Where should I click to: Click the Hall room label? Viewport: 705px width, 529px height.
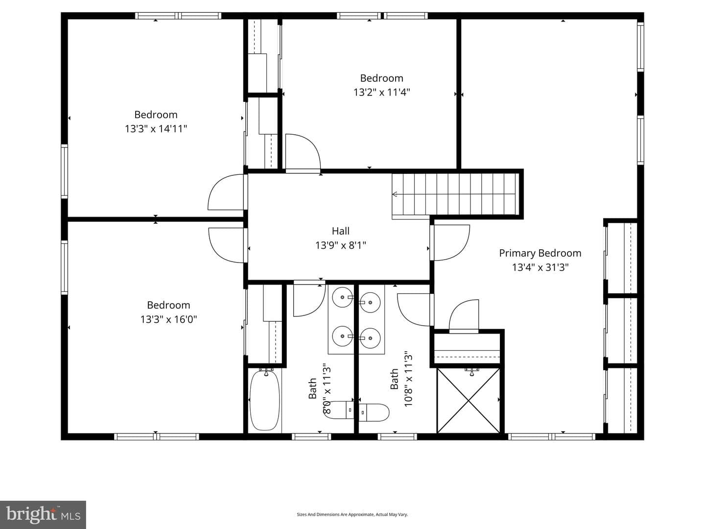pyautogui.click(x=340, y=231)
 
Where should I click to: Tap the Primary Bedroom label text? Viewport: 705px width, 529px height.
pyautogui.click(x=540, y=253)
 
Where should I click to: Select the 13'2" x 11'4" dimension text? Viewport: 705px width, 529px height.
pyautogui.click(x=381, y=93)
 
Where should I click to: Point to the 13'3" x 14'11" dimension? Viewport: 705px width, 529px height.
pyautogui.click(x=156, y=129)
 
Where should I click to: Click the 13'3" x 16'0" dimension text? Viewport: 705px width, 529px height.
pyautogui.click(x=168, y=319)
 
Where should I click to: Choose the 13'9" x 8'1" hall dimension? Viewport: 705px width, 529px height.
pyautogui.click(x=340, y=245)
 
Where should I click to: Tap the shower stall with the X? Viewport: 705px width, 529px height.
pyautogui.click(x=469, y=400)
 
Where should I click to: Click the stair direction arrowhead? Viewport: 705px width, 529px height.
pyautogui.click(x=395, y=194)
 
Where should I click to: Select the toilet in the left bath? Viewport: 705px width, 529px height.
pyautogui.click(x=339, y=410)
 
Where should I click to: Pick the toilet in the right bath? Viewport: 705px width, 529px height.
pyautogui.click(x=374, y=412)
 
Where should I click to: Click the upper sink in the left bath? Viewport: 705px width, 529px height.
pyautogui.click(x=342, y=297)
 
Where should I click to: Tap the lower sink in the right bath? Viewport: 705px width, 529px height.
pyautogui.click(x=370, y=338)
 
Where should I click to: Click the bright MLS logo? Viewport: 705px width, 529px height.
pyautogui.click(x=43, y=515)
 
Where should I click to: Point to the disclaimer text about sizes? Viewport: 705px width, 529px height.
pyautogui.click(x=352, y=514)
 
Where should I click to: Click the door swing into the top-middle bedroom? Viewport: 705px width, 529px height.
pyautogui.click(x=303, y=152)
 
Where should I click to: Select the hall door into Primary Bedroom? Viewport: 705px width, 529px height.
pyautogui.click(x=449, y=242)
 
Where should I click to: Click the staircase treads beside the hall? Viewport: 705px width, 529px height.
pyautogui.click(x=455, y=194)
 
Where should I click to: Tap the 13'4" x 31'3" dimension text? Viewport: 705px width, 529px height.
pyautogui.click(x=540, y=267)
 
